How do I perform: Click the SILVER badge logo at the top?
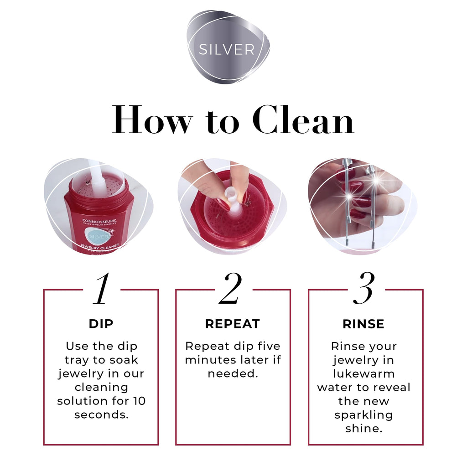(228, 47)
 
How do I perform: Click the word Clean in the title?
(303, 120)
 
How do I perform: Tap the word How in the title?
(152, 120)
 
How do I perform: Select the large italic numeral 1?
(101, 289)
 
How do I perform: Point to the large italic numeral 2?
(230, 288)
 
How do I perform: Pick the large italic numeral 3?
(363, 288)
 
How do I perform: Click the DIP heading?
(101, 324)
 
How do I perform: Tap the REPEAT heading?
(233, 324)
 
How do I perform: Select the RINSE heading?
(363, 324)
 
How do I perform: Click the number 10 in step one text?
(139, 401)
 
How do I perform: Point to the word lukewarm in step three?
(363, 374)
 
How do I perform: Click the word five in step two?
(269, 346)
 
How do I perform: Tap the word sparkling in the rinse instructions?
(363, 415)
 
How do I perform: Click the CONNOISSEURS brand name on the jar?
(99, 221)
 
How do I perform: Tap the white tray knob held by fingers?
(232, 199)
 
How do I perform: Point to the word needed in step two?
(233, 374)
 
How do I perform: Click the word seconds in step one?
(101, 415)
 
